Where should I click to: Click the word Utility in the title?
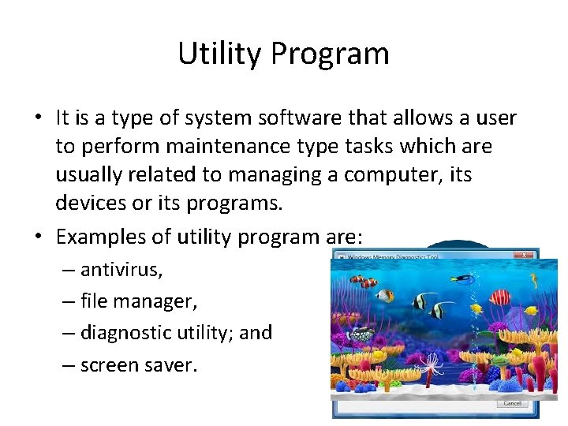[x=219, y=54]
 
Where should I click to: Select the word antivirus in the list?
[x=121, y=271]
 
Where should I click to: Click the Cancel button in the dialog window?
[x=512, y=403]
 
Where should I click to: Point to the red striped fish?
[x=500, y=297]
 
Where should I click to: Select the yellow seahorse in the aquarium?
[x=476, y=308]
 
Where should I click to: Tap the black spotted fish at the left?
[x=362, y=334]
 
